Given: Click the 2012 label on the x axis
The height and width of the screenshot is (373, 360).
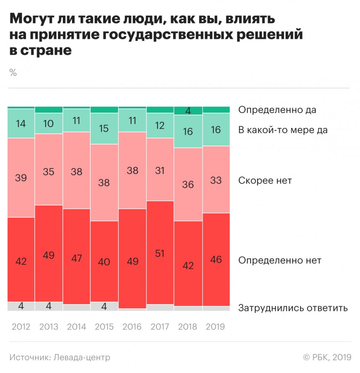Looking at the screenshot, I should pos(21,327).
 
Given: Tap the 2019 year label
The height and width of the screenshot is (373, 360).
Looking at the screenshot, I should pos(216,327).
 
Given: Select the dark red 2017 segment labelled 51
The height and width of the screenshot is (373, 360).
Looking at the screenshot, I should pos(160,252).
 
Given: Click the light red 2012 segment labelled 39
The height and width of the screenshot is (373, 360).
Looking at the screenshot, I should pos(21,178).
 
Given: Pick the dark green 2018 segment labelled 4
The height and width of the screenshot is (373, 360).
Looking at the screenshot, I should pos(188,111).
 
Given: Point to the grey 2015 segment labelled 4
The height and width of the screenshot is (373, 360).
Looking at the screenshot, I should pos(104,306).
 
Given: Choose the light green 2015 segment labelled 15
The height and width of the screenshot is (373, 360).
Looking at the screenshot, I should pos(104,129).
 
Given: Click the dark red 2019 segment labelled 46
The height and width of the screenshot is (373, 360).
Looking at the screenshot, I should pos(216,260).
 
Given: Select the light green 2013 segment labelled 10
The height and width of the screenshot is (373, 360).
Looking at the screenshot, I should pos(49,123).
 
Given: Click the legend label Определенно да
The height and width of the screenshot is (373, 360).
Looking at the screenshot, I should pos(277,110).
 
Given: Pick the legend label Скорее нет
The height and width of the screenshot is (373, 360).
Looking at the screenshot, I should pos(265,180).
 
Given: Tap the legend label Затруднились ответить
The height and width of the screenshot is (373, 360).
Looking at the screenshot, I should pos(293,308).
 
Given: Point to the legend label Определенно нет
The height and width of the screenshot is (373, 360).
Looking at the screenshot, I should pos(280,261).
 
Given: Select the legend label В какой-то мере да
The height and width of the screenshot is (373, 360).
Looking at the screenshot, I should pos(283,130).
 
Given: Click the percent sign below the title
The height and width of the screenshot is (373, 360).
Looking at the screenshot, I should pos(13,73).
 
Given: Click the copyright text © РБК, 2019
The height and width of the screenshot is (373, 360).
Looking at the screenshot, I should pos(326,357).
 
